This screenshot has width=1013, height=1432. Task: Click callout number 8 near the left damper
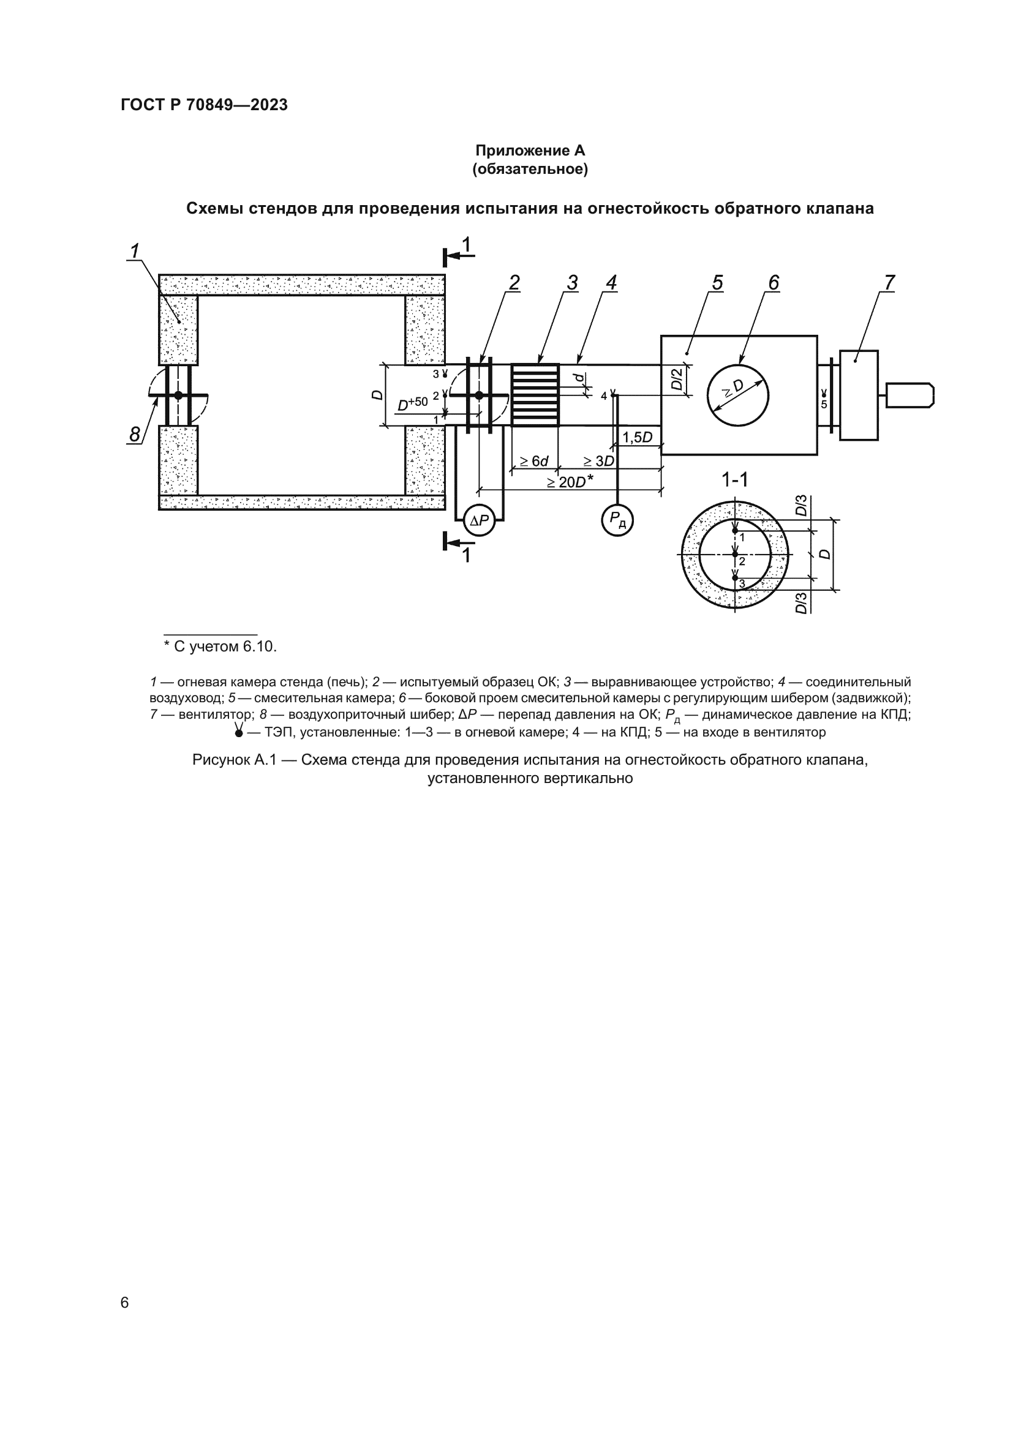click(x=134, y=434)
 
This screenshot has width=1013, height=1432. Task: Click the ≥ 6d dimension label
click(x=534, y=461)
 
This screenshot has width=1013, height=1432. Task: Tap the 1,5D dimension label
click(x=638, y=437)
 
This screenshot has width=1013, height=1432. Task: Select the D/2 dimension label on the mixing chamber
click(x=677, y=378)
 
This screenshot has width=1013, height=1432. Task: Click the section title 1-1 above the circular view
click(x=734, y=479)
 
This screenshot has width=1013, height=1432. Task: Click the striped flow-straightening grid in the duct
click(x=535, y=395)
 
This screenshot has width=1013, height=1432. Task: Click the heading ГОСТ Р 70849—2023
click(x=205, y=105)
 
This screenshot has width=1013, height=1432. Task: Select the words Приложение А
click(x=530, y=151)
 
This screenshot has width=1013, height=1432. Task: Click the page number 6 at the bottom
click(x=125, y=1302)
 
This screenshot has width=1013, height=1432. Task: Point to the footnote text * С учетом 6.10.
click(x=220, y=646)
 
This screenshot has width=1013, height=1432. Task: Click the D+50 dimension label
click(x=413, y=404)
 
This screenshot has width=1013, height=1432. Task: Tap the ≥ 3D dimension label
click(x=599, y=461)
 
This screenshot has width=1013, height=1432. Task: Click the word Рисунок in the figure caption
click(x=221, y=760)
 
